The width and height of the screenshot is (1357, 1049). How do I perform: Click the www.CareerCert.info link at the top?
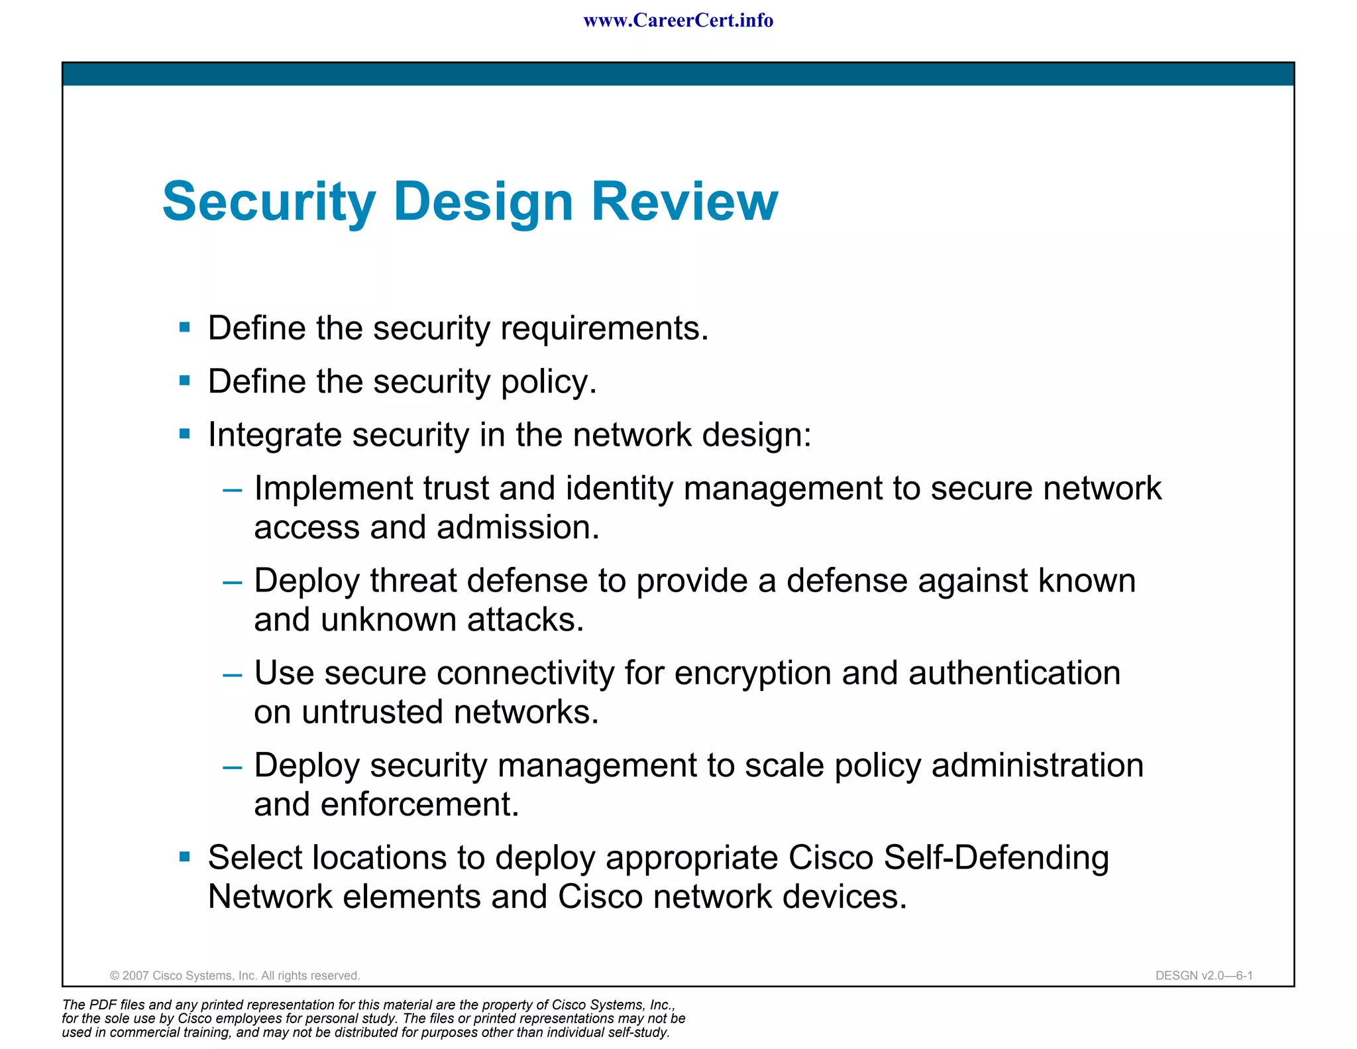(678, 21)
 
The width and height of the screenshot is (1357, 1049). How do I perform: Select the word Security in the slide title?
(269, 202)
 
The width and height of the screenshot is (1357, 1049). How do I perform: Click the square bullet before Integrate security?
(185, 434)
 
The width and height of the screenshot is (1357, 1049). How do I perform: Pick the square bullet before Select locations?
(185, 857)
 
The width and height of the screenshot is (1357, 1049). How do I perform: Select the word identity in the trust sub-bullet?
(619, 489)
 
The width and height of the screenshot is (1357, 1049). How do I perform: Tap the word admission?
(517, 528)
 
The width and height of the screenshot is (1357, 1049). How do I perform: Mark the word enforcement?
(419, 804)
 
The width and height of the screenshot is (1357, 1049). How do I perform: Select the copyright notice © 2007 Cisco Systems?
(235, 975)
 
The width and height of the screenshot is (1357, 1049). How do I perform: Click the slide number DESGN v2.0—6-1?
(1203, 975)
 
